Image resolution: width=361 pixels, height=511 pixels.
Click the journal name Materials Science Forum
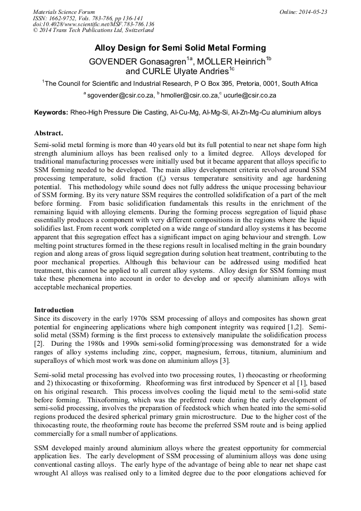pos(64,12)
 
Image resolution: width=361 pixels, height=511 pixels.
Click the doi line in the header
pos(93,25)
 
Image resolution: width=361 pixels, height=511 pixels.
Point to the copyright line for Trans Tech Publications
pos(93,31)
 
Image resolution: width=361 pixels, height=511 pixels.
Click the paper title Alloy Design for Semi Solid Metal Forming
pos(180,48)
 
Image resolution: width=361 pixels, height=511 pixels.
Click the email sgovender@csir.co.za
pos(120,95)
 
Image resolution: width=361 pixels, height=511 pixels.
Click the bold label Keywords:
pos(51,113)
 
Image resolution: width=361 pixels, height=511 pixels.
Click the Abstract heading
pos(48,133)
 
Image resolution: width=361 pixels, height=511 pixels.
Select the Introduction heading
pos(54,310)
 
